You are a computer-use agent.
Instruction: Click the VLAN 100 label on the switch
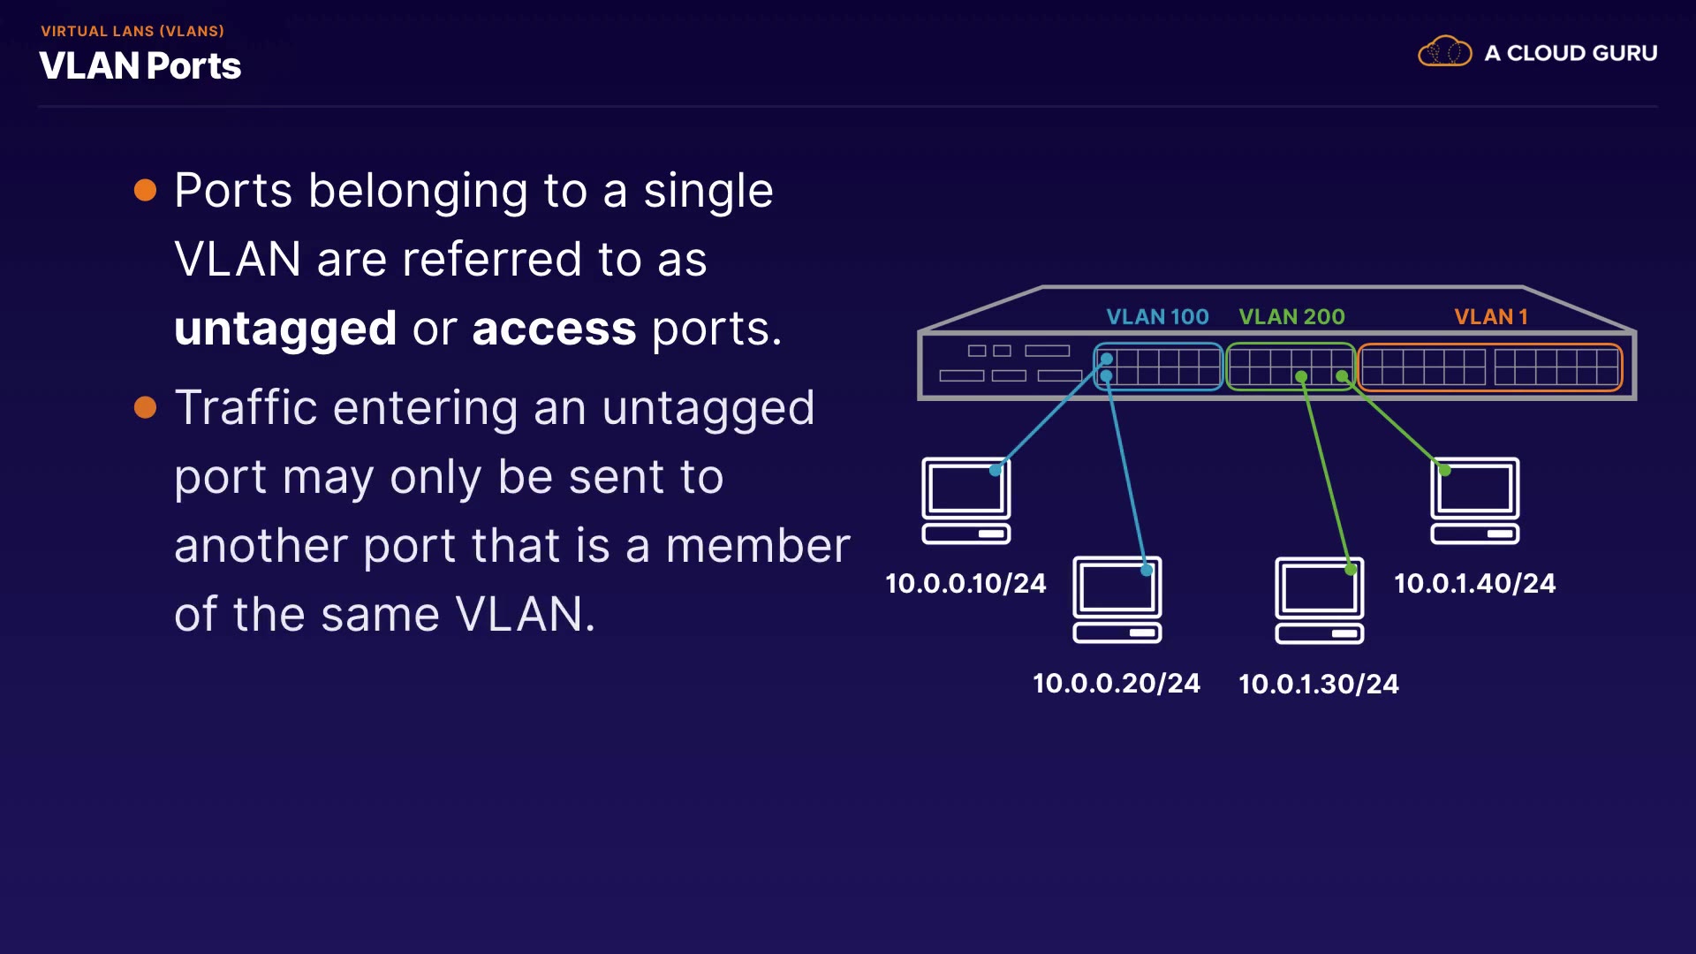(x=1157, y=316)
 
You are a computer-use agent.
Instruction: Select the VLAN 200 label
(x=1291, y=316)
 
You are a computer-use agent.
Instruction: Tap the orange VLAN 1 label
(x=1490, y=316)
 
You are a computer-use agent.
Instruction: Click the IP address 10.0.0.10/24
(x=965, y=583)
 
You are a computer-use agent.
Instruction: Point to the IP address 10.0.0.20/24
(x=1116, y=683)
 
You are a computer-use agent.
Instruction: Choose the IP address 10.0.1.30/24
(x=1318, y=684)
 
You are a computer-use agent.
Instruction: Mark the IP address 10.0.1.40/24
(x=1474, y=583)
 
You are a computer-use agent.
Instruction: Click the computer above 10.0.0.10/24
(x=966, y=500)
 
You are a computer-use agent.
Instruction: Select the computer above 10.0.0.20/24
(x=1117, y=599)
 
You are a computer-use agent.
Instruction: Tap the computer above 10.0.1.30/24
(x=1319, y=600)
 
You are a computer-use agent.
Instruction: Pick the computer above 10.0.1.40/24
(x=1474, y=500)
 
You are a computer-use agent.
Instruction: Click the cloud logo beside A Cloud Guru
(x=1444, y=52)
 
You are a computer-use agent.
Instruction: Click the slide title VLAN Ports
(x=140, y=66)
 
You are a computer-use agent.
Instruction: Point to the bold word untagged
(x=285, y=329)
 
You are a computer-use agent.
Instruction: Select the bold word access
(x=554, y=329)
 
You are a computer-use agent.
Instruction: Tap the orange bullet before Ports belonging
(x=145, y=191)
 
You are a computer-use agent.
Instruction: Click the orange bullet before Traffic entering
(x=145, y=407)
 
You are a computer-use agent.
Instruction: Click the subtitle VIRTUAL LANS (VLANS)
(x=132, y=31)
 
